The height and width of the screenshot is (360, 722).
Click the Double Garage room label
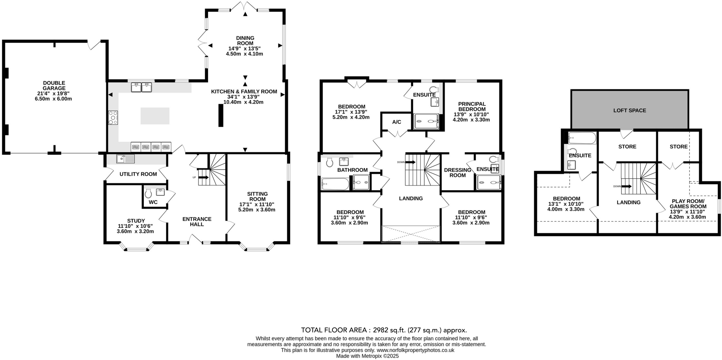(x=54, y=86)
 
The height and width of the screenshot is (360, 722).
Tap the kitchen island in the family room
(x=155, y=116)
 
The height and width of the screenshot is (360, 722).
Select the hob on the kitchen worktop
(x=113, y=117)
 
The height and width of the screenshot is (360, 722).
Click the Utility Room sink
(x=125, y=159)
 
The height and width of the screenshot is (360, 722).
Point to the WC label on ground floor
(x=153, y=202)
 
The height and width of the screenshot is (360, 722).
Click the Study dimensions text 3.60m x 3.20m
(x=135, y=231)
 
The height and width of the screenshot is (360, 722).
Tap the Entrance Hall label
(x=197, y=221)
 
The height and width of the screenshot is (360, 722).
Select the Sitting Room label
(x=257, y=196)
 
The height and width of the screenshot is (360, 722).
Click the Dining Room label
(x=245, y=41)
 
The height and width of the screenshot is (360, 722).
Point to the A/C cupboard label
(x=397, y=122)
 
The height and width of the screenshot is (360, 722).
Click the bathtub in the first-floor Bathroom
(x=335, y=184)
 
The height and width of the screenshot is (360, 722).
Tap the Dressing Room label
(x=458, y=172)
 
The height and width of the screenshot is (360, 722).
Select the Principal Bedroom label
(x=472, y=106)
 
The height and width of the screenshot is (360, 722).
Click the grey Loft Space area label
(x=629, y=110)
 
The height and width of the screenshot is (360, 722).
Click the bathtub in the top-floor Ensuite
(x=582, y=138)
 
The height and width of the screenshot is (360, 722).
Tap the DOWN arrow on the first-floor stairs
(x=410, y=162)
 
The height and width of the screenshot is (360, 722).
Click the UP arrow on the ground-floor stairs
(x=203, y=177)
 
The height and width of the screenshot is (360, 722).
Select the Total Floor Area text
(x=384, y=330)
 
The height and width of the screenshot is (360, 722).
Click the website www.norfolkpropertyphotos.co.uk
(x=415, y=350)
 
